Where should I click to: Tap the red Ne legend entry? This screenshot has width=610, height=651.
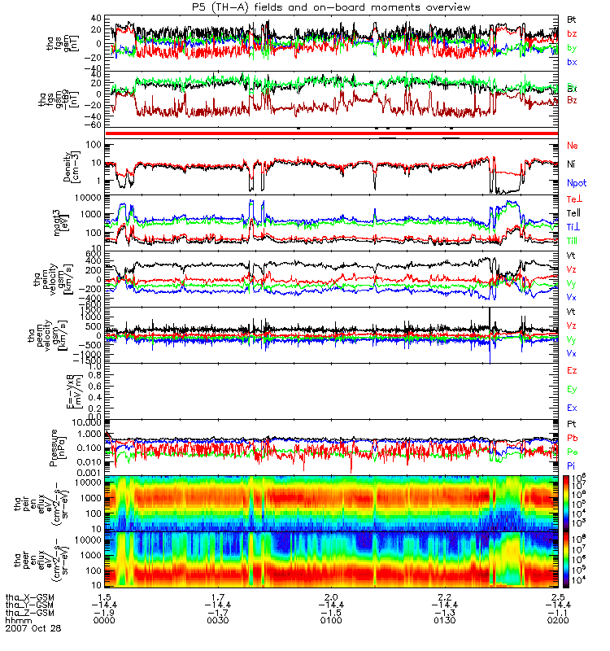point(572,145)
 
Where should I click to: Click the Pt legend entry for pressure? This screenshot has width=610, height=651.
point(572,425)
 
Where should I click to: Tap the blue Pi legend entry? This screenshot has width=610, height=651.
point(572,465)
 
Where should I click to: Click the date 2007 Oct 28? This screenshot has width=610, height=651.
point(33,628)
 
